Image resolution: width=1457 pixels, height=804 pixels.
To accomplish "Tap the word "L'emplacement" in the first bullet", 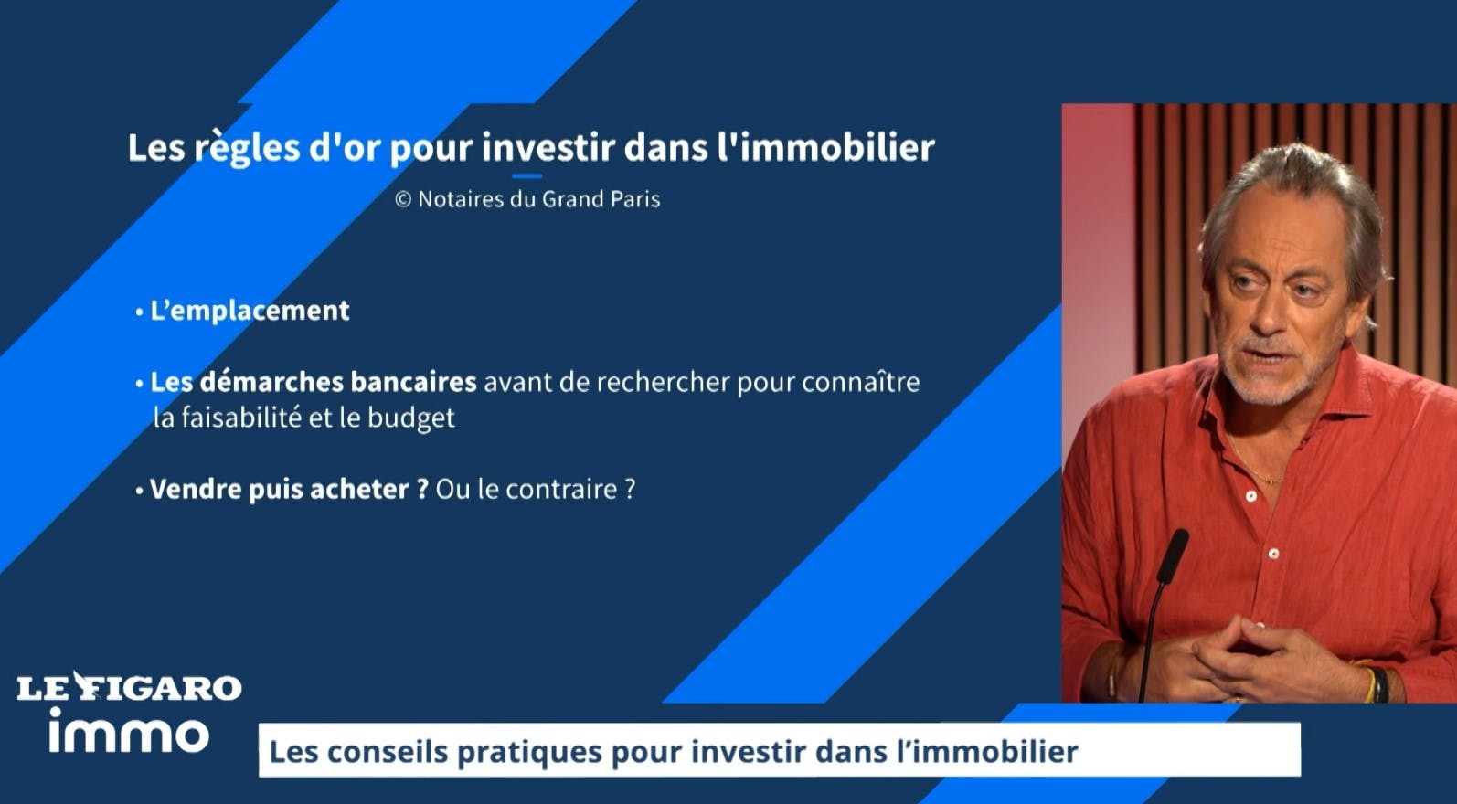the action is (250, 311).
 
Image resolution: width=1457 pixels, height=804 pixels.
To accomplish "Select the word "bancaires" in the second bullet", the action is (414, 382).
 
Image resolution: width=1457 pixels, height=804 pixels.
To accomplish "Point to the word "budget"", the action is (411, 418).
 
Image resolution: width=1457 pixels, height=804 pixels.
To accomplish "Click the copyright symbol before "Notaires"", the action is (403, 199).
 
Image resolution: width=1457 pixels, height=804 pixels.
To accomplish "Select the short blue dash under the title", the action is (526, 175).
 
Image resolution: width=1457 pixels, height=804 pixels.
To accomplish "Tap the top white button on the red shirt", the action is (1250, 497).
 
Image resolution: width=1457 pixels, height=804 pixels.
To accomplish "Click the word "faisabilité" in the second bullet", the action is (240, 418).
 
